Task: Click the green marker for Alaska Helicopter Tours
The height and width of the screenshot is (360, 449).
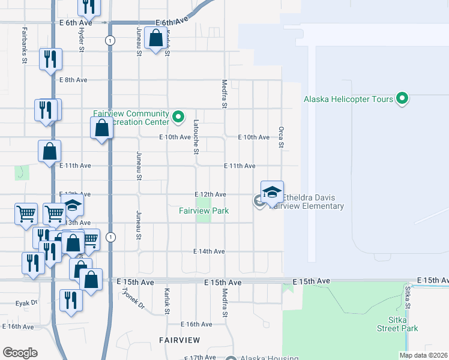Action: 403,98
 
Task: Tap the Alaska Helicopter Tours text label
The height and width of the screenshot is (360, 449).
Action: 348,99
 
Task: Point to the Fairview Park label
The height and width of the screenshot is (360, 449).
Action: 203,211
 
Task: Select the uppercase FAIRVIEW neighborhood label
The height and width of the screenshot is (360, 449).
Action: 179,340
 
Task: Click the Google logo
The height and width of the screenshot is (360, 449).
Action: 20,352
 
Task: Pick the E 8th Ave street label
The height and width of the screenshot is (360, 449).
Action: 73,80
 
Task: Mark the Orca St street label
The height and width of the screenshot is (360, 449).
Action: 280,137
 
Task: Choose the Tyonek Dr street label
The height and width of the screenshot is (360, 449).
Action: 133,296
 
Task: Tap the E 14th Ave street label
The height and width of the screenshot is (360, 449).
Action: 209,251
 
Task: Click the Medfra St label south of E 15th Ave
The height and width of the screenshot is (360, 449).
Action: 224,304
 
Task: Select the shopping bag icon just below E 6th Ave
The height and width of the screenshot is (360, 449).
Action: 156,39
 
